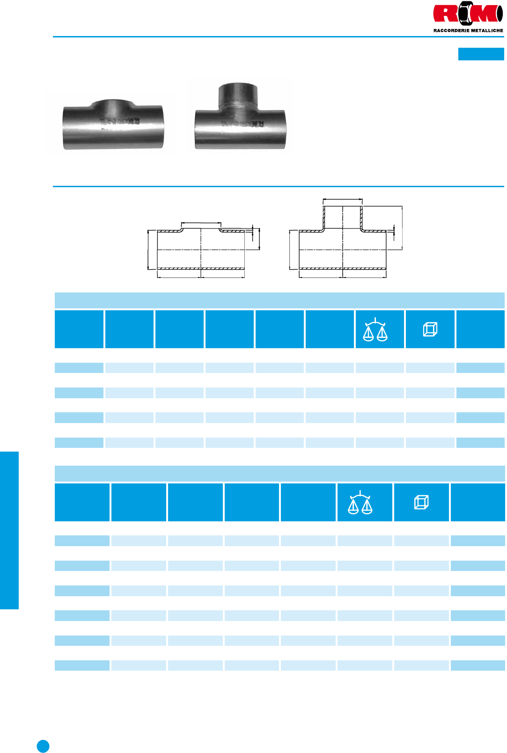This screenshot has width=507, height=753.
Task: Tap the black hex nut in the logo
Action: (x=464, y=13)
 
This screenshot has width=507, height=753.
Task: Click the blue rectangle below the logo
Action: (x=481, y=54)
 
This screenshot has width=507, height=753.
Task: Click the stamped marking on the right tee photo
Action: (x=242, y=124)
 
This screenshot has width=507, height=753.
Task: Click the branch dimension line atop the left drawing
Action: (x=201, y=223)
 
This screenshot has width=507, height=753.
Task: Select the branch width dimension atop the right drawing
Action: (x=343, y=199)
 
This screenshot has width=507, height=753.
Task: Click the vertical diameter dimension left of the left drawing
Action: (x=148, y=249)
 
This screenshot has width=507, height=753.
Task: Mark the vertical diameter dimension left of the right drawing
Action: (x=290, y=249)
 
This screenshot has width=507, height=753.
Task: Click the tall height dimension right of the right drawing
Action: (x=402, y=228)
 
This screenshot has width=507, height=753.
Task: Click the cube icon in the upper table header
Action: (x=430, y=329)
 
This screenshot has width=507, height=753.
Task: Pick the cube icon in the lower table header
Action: (x=421, y=502)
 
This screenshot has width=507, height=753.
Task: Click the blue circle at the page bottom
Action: (x=43, y=746)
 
